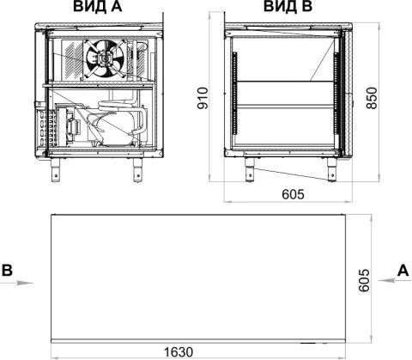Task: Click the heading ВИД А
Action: point(98,6)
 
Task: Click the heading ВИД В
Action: point(288,6)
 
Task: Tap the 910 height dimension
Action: point(203,98)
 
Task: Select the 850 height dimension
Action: point(372,98)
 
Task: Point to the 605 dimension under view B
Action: point(293,194)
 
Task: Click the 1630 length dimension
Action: point(179,352)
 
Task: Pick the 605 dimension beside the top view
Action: point(364,280)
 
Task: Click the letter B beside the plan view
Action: point(7,270)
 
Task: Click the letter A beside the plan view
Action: point(403,270)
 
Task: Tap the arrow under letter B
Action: point(16,283)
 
